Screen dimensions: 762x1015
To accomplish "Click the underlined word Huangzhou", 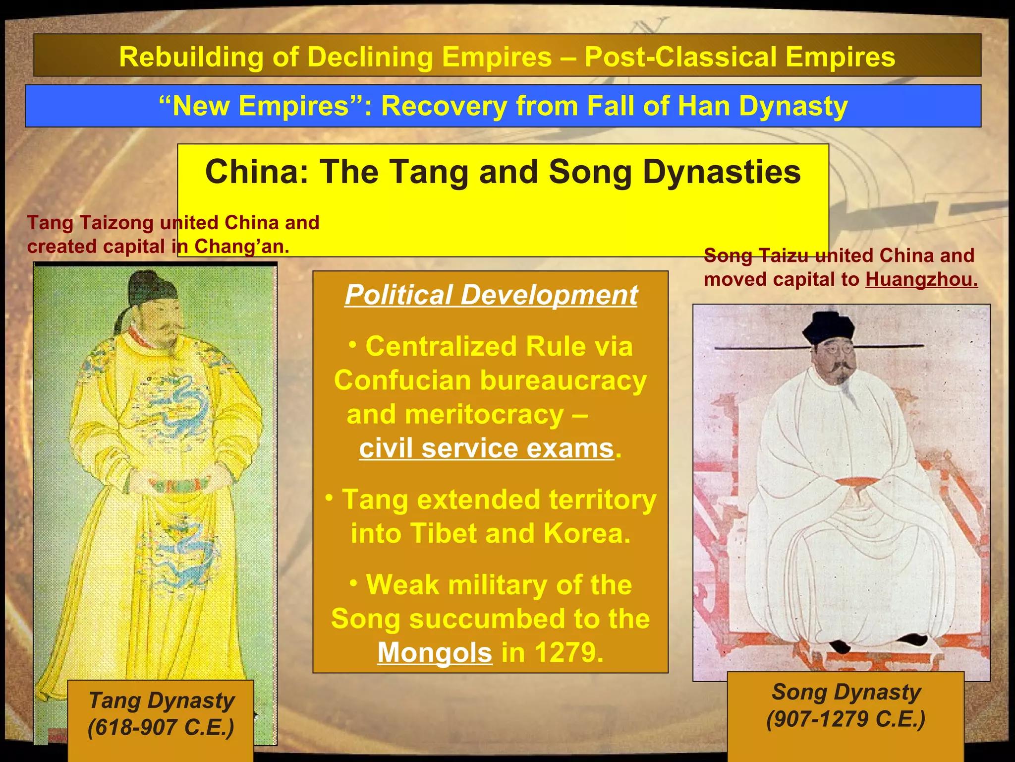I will point(921,280).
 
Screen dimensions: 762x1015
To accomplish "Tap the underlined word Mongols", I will point(435,652).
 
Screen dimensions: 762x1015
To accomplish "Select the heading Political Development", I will point(491,295).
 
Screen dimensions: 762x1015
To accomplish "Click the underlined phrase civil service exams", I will point(487,448).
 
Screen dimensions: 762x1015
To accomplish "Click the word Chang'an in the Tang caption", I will point(241,247).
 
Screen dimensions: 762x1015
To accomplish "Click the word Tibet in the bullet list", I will point(443,534).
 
